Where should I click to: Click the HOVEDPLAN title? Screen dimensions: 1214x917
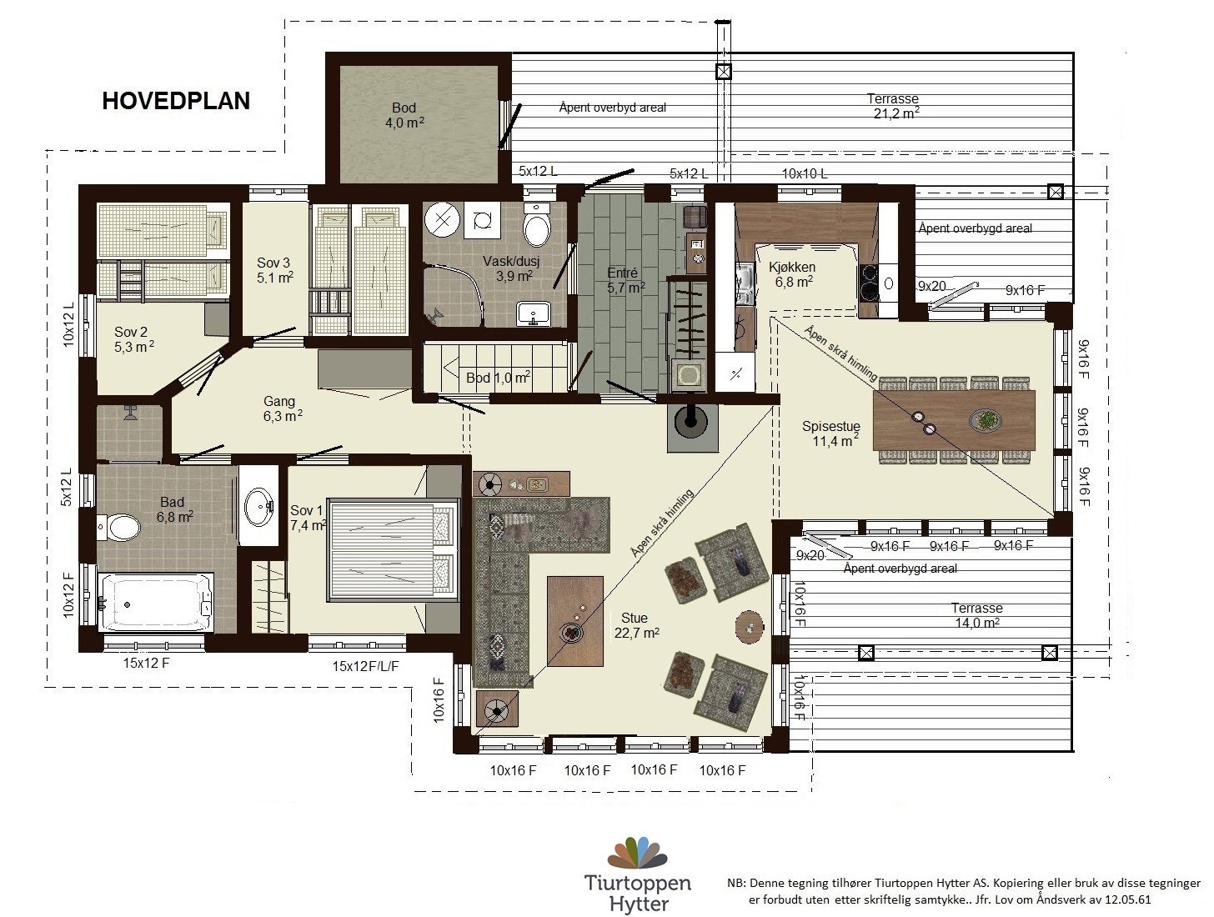tap(176, 101)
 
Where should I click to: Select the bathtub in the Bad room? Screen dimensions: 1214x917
tap(156, 602)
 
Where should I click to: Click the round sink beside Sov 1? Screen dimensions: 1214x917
tap(258, 505)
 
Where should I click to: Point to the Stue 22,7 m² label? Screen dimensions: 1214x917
tap(636, 625)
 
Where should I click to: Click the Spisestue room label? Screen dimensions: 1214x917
tap(831, 433)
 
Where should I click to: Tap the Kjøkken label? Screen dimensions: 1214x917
tap(792, 274)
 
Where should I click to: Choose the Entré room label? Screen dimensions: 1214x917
tap(625, 280)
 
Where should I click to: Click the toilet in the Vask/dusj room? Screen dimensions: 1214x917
tap(536, 226)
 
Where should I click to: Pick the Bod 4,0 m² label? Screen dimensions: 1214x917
tap(404, 115)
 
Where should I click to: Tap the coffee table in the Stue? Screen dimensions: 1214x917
tap(574, 621)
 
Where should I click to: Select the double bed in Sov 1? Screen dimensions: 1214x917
tap(393, 549)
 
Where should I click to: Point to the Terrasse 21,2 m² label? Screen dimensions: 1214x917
tap(893, 106)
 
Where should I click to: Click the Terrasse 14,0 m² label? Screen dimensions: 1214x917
tap(976, 615)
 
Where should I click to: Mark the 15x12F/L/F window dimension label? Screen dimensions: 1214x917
tap(365, 667)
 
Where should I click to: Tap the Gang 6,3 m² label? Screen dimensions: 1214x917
tap(282, 408)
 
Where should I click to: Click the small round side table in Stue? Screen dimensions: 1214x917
tap(750, 626)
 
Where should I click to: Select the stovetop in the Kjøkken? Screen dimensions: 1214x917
tap(868, 283)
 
